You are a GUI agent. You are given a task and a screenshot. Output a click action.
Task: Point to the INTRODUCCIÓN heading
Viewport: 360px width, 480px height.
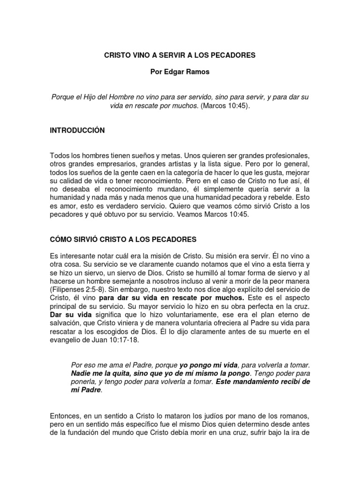pos(77,130)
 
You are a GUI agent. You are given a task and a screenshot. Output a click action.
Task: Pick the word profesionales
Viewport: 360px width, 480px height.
pos(283,156)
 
